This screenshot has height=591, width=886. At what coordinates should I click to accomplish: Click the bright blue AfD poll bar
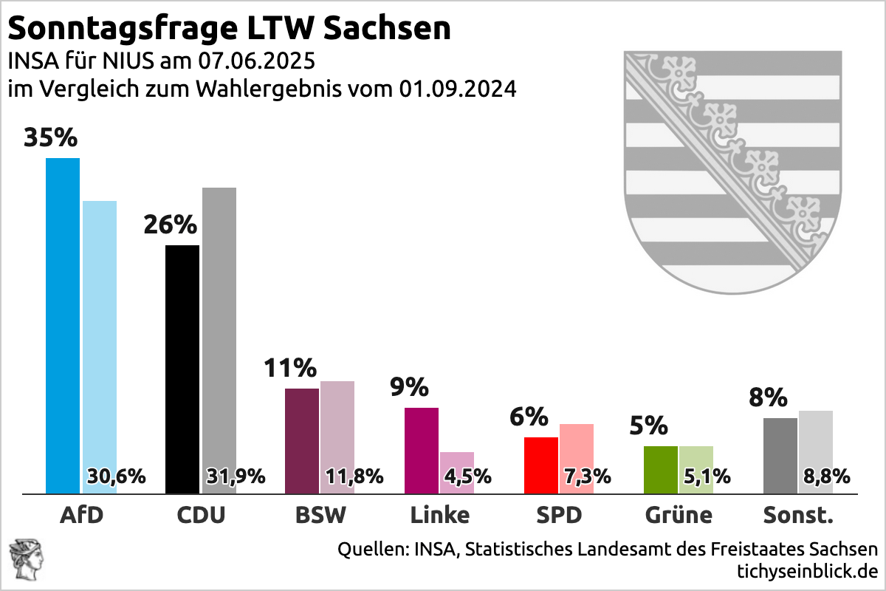63,325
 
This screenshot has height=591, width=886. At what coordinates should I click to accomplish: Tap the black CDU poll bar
182,369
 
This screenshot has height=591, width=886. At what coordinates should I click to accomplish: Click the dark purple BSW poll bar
302,440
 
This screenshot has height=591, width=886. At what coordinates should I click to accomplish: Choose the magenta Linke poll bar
422,450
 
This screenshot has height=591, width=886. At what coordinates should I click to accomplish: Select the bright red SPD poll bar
541,465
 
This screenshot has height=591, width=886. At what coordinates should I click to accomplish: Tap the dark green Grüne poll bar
661,469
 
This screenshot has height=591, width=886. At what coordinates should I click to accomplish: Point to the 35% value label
51,138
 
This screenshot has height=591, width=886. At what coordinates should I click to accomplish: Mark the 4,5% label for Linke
467,476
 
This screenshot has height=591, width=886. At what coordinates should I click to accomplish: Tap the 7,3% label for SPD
587,476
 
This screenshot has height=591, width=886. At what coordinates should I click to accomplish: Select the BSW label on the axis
320,515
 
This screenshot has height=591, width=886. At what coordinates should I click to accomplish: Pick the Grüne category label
678,515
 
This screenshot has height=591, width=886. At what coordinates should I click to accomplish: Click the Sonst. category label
797,515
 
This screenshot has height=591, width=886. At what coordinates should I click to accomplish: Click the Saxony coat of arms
732,170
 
